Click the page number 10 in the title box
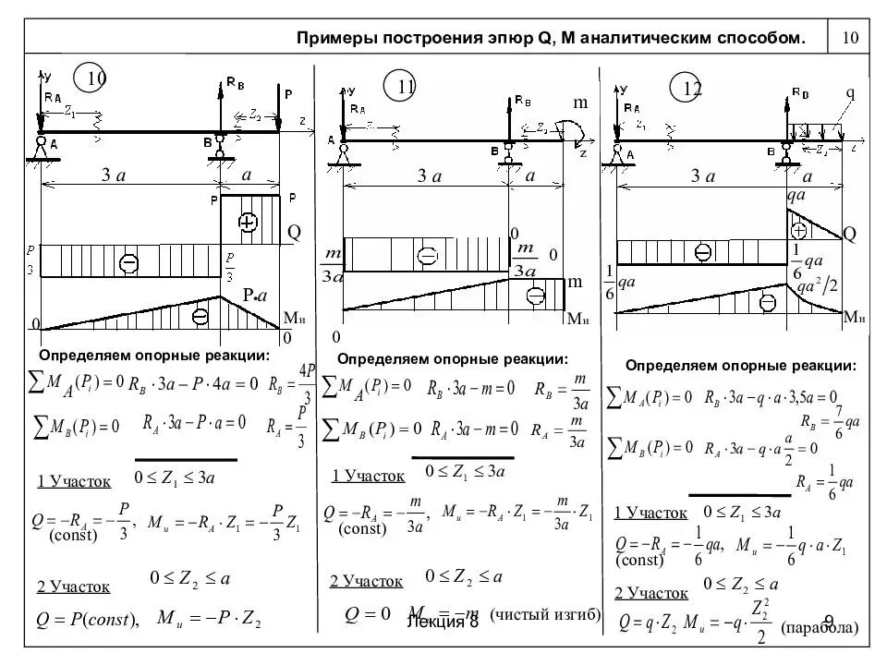coord(851,38)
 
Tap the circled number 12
coord(693,88)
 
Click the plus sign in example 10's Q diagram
coord(247,222)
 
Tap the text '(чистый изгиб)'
coord(545,614)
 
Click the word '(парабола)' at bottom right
coord(820,628)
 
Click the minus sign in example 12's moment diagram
coord(767,301)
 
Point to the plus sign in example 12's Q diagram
coord(800,229)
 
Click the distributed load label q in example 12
coord(849,94)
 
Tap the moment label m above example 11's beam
coord(580,103)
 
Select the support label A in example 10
coord(54,144)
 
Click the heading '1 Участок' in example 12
coord(650,513)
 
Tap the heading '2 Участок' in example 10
coord(73,586)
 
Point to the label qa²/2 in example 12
coord(817,284)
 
